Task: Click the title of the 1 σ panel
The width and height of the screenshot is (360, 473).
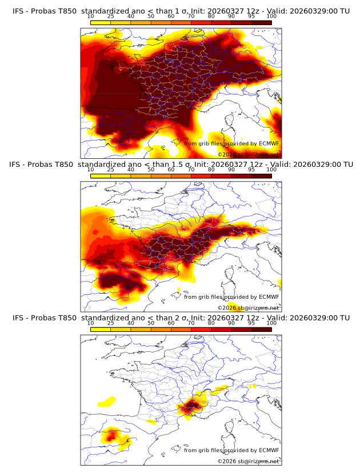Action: pyautogui.click(x=180, y=11)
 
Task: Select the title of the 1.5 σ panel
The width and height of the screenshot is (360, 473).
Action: pyautogui.click(x=180, y=165)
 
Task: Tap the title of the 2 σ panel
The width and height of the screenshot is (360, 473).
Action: pyautogui.click(x=180, y=318)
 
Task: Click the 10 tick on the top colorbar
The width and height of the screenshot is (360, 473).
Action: pyautogui.click(x=91, y=17)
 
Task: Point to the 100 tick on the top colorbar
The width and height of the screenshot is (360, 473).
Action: pyautogui.click(x=271, y=17)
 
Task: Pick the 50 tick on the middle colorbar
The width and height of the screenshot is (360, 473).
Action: pyautogui.click(x=151, y=170)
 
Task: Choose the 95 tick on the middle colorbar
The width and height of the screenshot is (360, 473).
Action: pyautogui.click(x=251, y=170)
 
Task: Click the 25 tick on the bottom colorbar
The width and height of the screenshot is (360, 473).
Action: pyautogui.click(x=111, y=323)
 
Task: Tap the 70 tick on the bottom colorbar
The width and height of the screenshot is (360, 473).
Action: pyautogui.click(x=191, y=323)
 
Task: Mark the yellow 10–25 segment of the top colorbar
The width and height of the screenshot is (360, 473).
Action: pyautogui.click(x=101, y=23)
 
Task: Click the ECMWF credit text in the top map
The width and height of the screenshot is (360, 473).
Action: pyautogui.click(x=231, y=143)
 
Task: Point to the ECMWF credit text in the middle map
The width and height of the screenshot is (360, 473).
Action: pyautogui.click(x=231, y=296)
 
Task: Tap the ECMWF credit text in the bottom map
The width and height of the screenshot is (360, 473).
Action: pyautogui.click(x=231, y=450)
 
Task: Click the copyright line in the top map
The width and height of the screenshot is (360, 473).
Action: pyautogui.click(x=249, y=154)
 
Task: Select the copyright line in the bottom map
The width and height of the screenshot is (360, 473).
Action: pyautogui.click(x=249, y=461)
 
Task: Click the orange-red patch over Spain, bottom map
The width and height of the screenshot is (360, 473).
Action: pyautogui.click(x=112, y=436)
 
